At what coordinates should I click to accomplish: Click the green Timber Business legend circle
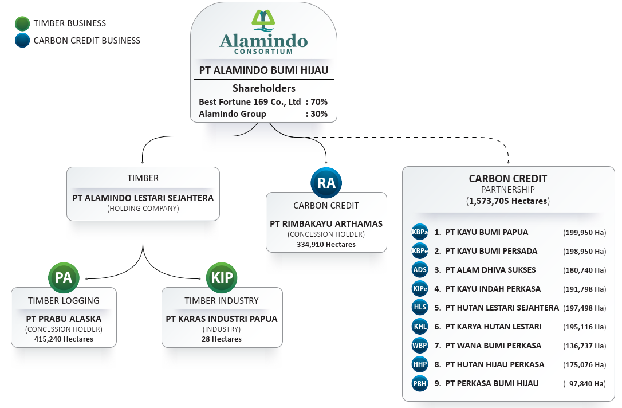pyautogui.click(x=22, y=23)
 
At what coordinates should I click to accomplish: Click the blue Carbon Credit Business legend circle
pyautogui.click(x=22, y=41)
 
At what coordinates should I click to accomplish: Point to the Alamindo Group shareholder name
pyautogui.click(x=233, y=114)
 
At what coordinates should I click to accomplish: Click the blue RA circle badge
pyautogui.click(x=326, y=183)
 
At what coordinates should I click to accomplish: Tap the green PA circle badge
pyautogui.click(x=64, y=278)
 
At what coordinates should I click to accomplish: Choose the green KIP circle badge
pyautogui.click(x=222, y=278)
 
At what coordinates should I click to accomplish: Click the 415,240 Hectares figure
pyautogui.click(x=64, y=339)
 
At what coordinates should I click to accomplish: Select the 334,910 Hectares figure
pyautogui.click(x=326, y=245)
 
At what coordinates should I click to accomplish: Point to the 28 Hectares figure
pyautogui.click(x=222, y=339)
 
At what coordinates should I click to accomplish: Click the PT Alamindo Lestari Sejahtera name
pyautogui.click(x=143, y=198)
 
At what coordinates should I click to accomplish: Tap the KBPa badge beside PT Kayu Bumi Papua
pyautogui.click(x=420, y=233)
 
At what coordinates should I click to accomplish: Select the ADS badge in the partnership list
pyautogui.click(x=420, y=270)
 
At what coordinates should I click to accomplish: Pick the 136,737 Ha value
pyautogui.click(x=584, y=346)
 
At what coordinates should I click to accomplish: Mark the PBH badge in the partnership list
pyautogui.click(x=420, y=383)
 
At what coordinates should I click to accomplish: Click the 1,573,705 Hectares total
pyautogui.click(x=507, y=201)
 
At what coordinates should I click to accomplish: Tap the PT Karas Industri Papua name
pyautogui.click(x=222, y=319)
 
